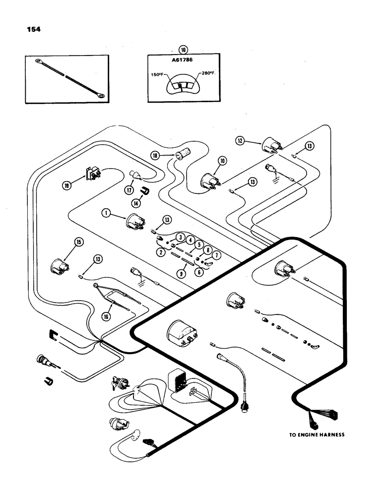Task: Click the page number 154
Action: click(x=34, y=29)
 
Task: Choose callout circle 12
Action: click(x=240, y=141)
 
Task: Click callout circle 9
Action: click(x=184, y=273)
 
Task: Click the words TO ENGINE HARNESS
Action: click(x=317, y=434)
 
